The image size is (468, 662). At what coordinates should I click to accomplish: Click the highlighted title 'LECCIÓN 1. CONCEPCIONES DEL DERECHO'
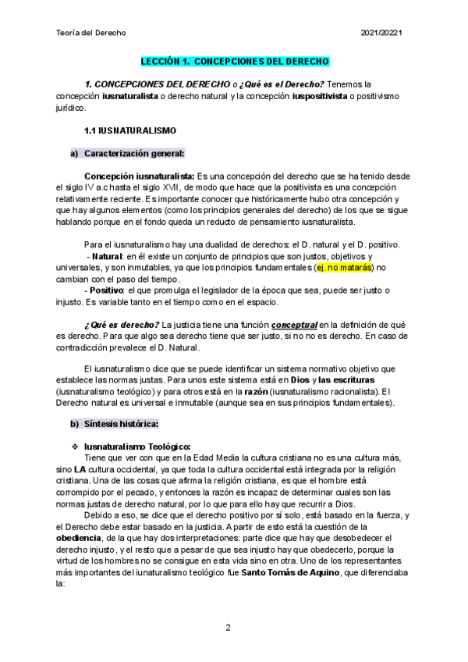(235, 61)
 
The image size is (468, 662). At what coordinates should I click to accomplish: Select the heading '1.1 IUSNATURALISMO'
(129, 130)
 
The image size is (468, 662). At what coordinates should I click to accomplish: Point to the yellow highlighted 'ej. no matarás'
(344, 268)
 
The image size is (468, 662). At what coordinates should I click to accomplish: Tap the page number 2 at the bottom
(228, 628)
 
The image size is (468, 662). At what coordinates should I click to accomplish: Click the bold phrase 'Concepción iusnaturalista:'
(139, 176)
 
